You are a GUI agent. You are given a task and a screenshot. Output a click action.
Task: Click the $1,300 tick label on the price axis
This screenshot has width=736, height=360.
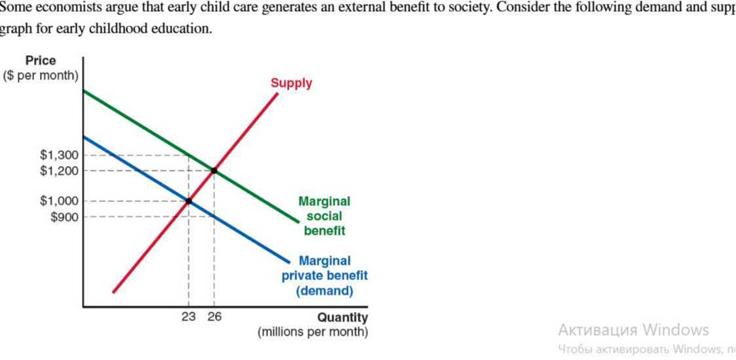tap(59, 155)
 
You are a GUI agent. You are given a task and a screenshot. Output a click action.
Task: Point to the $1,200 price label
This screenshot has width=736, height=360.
tap(59, 171)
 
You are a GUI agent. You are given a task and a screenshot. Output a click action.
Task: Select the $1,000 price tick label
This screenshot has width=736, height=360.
tap(59, 201)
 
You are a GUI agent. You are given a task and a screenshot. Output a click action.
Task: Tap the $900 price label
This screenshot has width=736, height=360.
tap(64, 216)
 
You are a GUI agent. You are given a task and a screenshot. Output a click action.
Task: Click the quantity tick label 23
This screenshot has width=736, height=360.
tap(189, 317)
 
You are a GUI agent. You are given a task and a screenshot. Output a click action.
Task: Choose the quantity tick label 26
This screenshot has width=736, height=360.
tap(214, 317)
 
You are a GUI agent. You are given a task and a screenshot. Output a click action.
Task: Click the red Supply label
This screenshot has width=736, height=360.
tap(291, 83)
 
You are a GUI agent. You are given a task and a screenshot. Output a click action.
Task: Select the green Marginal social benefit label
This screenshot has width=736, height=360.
tap(324, 216)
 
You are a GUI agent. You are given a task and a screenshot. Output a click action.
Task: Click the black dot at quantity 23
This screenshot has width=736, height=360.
tap(189, 201)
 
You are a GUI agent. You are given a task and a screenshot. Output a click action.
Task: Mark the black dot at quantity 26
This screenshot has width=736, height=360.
tap(214, 170)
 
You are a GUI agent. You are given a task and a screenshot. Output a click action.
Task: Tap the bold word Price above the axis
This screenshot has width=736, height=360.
tap(41, 60)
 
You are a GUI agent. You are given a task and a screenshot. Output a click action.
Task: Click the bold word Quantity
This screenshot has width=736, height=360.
tap(343, 318)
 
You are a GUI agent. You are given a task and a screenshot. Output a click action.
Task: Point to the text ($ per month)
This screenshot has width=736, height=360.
tap(41, 75)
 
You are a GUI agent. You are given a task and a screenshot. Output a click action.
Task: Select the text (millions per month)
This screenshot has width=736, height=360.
tap(313, 332)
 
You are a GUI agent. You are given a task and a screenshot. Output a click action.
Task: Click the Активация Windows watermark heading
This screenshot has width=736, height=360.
tap(633, 329)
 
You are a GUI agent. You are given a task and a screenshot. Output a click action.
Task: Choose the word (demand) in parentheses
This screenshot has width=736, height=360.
tap(324, 290)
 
